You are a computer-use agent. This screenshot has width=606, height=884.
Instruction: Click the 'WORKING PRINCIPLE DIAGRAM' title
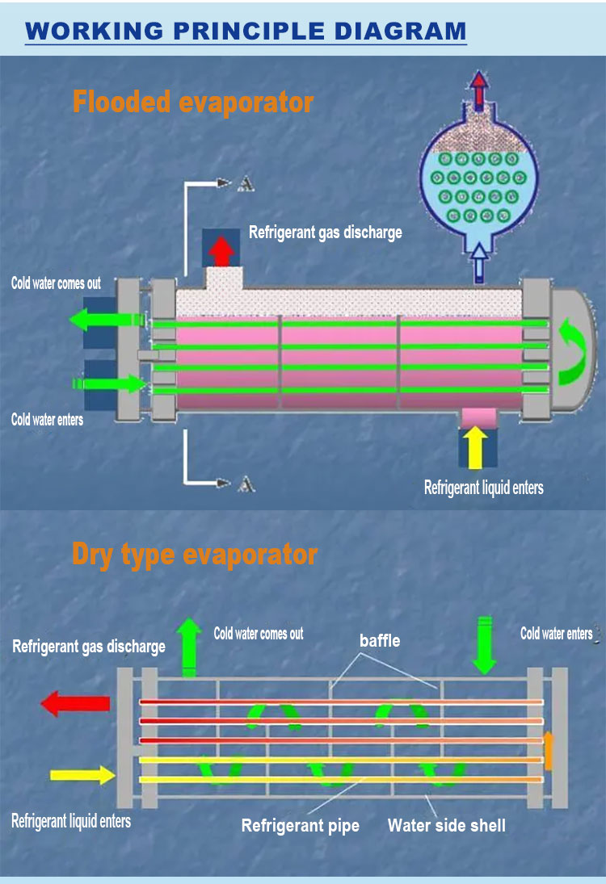pos(246,31)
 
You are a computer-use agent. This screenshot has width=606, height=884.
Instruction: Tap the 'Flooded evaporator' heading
pos(192,103)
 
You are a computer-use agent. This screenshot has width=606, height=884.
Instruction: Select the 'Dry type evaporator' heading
pos(195,555)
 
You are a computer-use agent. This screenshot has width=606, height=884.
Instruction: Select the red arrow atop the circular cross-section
pos(480,89)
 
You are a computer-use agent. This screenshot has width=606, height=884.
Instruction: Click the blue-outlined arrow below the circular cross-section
pos(480,262)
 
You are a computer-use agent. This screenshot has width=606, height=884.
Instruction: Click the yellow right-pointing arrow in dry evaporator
pos(82,776)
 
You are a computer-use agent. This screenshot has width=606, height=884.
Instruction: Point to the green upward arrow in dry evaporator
pos(189,646)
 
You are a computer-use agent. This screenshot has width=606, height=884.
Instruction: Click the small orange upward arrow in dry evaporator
pos(549,750)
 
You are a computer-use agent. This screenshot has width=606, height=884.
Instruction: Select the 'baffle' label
pos(380,641)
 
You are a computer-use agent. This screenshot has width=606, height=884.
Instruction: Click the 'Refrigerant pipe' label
pos(301,826)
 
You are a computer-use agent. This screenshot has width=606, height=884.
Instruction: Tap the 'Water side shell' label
pos(447,825)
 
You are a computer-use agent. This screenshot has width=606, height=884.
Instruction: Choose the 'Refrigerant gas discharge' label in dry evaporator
pos(89,647)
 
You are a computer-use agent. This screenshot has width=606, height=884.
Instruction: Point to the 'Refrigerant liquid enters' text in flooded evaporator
pos(484,487)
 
